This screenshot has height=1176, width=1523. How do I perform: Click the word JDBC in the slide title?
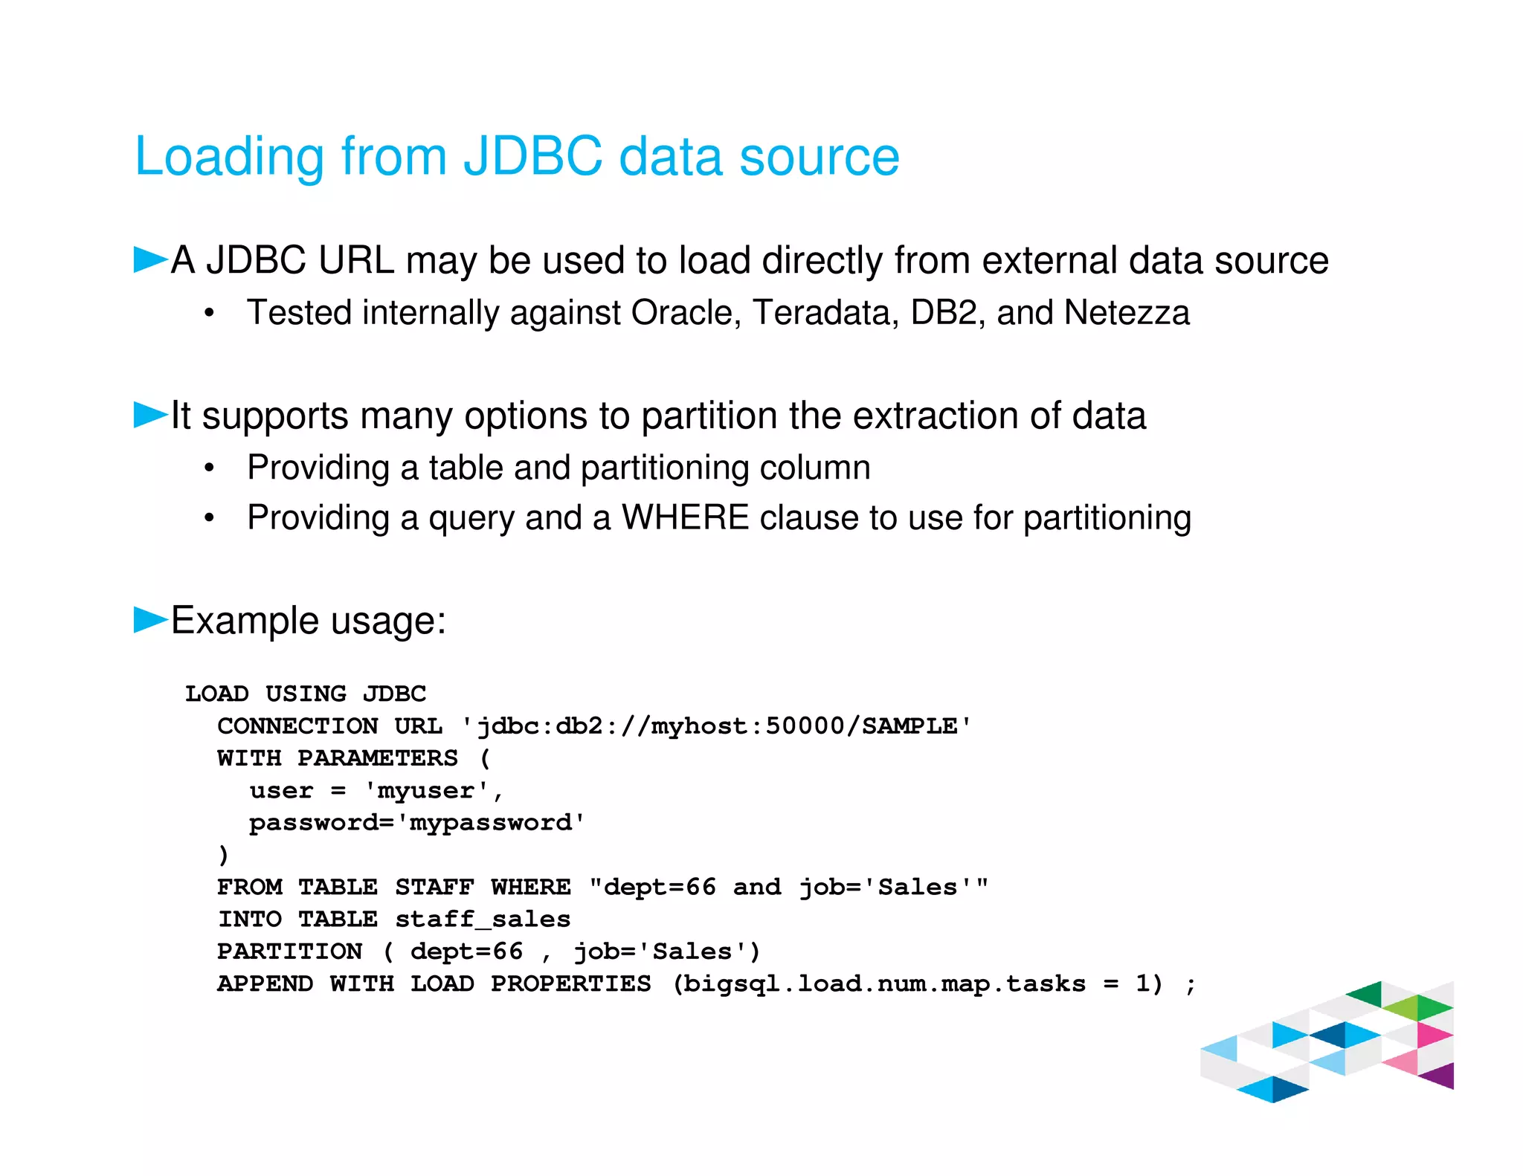tap(532, 157)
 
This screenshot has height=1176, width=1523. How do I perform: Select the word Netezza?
tap(1126, 312)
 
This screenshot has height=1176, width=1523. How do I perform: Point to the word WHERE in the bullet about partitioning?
tap(685, 517)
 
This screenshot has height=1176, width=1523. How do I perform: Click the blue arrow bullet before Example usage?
tap(150, 619)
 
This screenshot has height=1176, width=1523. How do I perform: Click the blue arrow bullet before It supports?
tap(150, 415)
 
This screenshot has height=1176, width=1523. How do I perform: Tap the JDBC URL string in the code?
tap(716, 726)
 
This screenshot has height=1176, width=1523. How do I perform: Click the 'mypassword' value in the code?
tap(491, 823)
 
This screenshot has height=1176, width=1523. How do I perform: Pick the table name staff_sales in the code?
tap(483, 920)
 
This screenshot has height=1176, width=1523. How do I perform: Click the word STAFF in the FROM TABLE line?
tap(434, 888)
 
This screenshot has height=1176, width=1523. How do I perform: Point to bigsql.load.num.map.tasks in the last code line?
tap(885, 984)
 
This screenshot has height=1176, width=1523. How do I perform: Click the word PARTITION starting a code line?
tap(290, 952)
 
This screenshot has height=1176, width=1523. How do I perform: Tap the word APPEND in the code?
tap(265, 984)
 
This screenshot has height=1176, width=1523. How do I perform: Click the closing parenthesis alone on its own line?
tap(223, 856)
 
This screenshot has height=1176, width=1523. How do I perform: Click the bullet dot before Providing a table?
tap(210, 468)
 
